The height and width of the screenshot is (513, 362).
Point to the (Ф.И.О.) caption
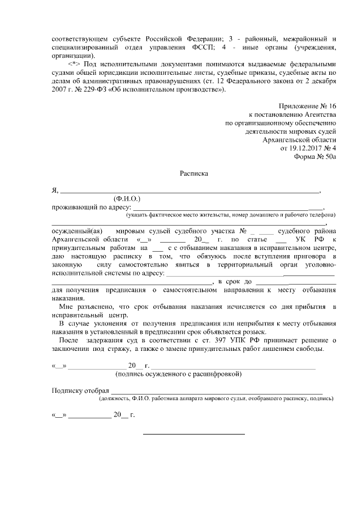click(x=127, y=199)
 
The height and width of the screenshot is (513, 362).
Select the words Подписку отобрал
click(x=79, y=391)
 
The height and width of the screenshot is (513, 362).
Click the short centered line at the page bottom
click(x=193, y=434)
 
